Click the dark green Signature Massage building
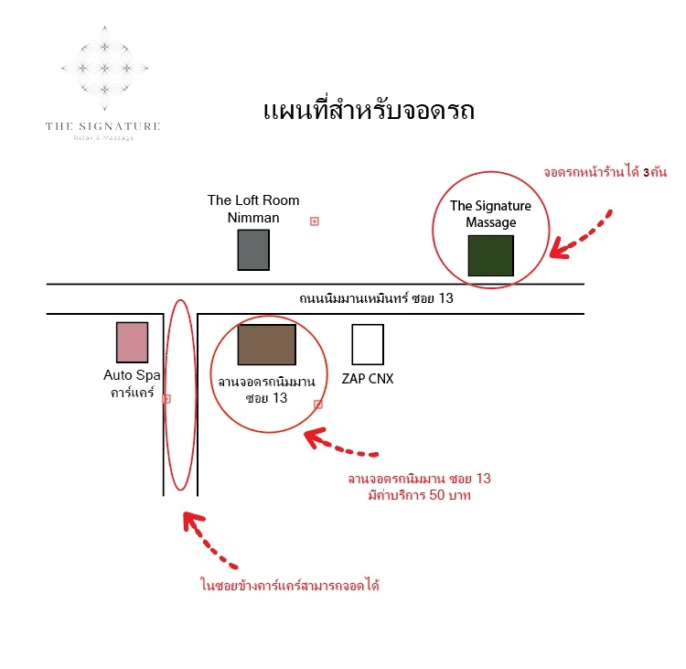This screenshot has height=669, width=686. click(x=490, y=255)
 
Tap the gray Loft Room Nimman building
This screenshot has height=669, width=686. click(x=253, y=250)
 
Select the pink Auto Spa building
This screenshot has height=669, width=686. click(x=132, y=342)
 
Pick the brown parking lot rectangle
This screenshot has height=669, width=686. click(x=267, y=345)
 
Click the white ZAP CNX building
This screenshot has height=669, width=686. click(x=368, y=345)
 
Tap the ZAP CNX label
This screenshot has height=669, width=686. click(x=368, y=379)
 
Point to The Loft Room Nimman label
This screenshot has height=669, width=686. click(x=253, y=209)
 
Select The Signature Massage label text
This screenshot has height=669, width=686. click(x=490, y=214)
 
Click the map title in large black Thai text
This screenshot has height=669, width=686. click(x=369, y=111)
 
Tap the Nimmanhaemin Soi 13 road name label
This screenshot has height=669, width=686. click(x=376, y=298)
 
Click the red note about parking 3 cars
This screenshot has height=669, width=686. click(x=606, y=172)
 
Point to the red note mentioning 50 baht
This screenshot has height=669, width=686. click(x=419, y=487)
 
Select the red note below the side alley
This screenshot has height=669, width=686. click(x=290, y=585)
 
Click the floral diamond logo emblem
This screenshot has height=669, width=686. click(x=104, y=68)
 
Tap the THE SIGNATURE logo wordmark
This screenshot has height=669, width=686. click(x=103, y=126)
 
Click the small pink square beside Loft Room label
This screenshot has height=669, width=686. click(x=314, y=221)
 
